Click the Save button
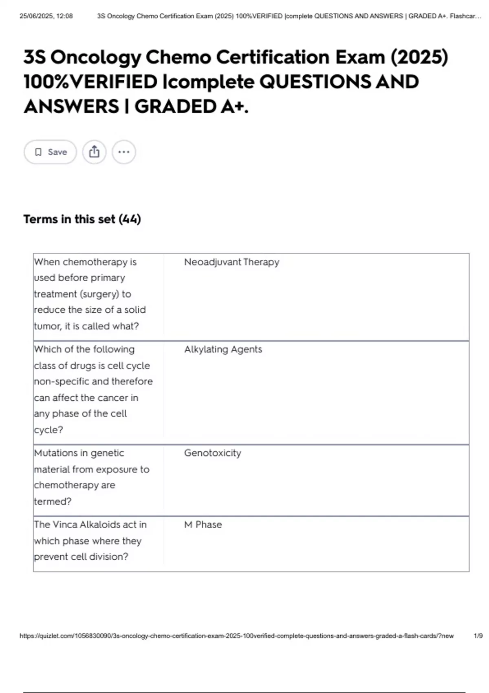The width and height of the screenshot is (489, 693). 50,152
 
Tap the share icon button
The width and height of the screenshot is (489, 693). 94,152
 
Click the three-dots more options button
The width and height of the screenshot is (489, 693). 124,152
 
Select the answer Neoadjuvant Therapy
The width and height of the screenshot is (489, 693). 231,262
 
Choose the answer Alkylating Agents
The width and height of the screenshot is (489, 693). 223,349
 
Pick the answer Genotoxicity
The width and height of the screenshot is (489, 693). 212,453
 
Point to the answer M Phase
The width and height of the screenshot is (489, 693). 203,525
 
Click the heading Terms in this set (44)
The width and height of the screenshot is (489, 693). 82,219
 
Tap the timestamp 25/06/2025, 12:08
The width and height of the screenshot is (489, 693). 46,16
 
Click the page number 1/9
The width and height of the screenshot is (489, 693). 478,636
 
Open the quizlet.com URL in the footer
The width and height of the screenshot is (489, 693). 236,636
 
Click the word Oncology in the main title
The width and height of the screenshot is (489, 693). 96,57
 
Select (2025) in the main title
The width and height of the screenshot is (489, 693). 419,57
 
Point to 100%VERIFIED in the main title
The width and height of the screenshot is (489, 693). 90,82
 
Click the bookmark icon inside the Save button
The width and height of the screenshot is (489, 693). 38,152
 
